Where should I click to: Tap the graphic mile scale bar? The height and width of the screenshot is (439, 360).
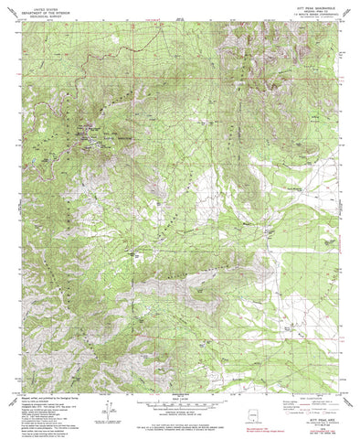pos(179,403)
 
